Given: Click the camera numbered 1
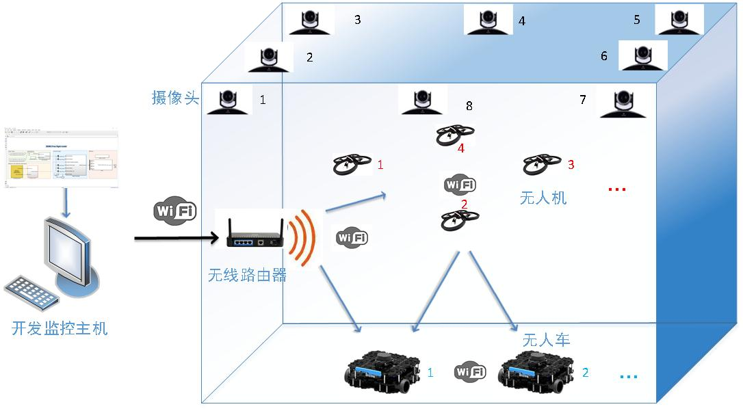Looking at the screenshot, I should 227,102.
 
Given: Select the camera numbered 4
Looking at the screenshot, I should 488,19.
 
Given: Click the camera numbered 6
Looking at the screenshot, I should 642,55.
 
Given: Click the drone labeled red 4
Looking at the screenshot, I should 455,135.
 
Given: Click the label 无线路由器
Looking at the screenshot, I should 246,276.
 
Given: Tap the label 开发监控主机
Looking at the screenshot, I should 60,328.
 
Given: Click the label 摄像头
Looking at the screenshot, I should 175,98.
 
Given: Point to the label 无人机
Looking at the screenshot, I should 543,198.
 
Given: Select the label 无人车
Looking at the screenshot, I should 546,340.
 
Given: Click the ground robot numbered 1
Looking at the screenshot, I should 380,372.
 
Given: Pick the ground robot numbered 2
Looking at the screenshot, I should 536,372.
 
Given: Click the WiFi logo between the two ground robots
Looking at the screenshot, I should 470,372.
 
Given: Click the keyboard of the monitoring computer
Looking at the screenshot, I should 31,292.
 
